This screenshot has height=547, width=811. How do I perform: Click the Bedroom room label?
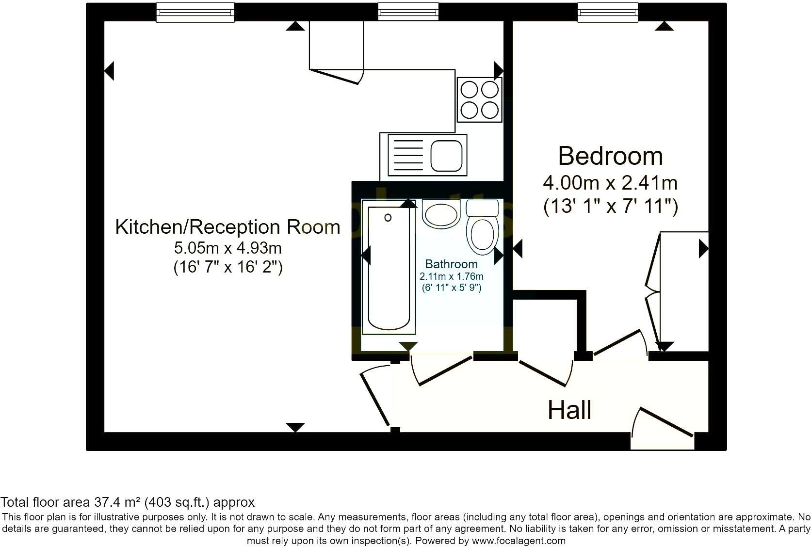tap(610, 156)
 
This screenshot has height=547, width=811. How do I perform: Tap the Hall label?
tap(569, 410)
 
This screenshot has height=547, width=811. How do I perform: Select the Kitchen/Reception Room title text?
tap(227, 227)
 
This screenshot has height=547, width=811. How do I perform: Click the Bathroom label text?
tap(451, 264)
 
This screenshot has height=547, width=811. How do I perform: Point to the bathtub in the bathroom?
tap(389, 269)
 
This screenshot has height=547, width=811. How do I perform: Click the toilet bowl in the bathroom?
tap(483, 235)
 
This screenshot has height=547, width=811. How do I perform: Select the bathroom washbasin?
tap(441, 213)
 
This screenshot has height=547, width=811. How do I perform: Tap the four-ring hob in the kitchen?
tap(479, 100)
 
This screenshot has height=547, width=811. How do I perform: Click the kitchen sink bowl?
tap(446, 156)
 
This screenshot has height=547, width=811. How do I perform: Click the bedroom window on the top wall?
tap(607, 12)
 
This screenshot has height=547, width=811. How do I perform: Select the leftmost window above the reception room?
tap(195, 12)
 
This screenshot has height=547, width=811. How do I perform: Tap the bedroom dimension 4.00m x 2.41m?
tap(610, 183)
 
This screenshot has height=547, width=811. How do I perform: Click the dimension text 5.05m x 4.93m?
tap(227, 248)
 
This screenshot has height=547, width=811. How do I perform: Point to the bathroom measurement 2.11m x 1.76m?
tap(451, 277)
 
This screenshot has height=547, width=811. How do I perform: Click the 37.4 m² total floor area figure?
tap(122, 502)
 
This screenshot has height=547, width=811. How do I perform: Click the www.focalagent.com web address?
tap(519, 541)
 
